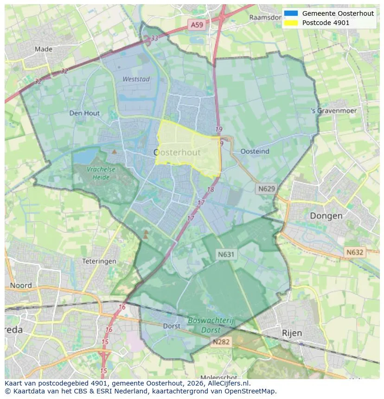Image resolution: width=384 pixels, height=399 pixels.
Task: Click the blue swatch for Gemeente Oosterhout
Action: [291, 13]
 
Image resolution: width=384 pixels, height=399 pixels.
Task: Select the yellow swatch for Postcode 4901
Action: [291, 23]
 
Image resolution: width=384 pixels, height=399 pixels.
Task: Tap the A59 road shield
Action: [196, 25]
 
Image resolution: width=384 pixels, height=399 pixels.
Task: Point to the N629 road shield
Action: [266, 189]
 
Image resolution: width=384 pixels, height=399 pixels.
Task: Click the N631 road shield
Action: [226, 254]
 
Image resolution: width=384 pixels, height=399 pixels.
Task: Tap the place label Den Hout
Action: [84, 113]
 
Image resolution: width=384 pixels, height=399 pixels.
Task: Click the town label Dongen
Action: [326, 216]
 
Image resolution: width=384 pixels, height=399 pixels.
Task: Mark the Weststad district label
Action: [136, 79]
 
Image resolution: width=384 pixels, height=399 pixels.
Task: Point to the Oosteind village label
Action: [255, 152]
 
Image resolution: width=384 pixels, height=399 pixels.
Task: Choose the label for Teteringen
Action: [99, 261]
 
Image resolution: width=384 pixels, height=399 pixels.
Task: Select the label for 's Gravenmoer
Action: [334, 111]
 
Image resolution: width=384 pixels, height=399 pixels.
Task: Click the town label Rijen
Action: [292, 333]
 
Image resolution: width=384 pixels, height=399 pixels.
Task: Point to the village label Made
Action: [43, 49]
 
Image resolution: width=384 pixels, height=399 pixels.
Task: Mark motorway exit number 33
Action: [154, 38]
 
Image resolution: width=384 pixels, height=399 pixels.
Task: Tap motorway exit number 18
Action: [211, 190]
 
